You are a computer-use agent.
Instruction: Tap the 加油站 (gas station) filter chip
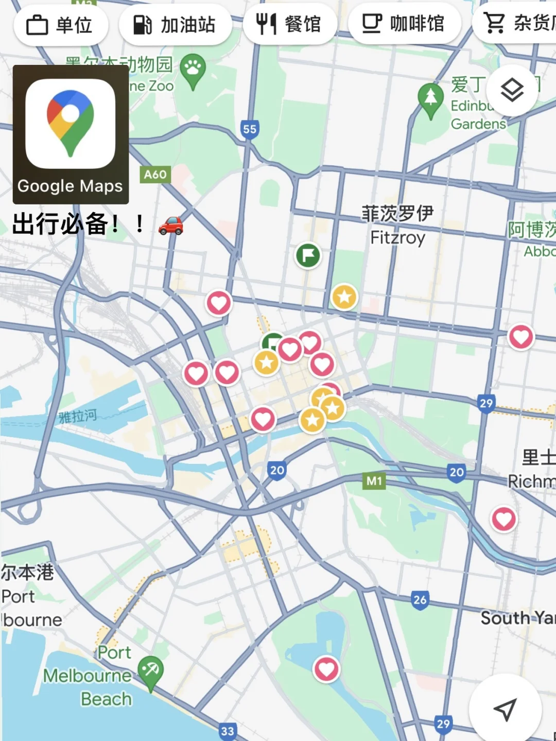click(x=175, y=25)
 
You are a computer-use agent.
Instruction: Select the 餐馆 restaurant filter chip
click(x=290, y=24)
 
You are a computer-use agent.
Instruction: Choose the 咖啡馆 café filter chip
click(x=404, y=24)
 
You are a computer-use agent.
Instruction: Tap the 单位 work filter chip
click(x=61, y=25)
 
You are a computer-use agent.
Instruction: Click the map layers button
click(x=512, y=91)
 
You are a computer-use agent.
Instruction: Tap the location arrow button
click(x=505, y=710)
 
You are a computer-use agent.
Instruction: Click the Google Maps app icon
click(x=71, y=124)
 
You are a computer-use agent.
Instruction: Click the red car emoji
click(x=171, y=225)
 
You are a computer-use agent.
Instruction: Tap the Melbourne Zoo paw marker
click(x=193, y=68)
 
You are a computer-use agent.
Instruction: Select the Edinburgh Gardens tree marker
click(x=430, y=97)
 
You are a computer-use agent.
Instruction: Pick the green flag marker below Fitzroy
click(x=308, y=255)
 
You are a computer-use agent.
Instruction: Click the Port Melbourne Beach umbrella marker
click(x=150, y=671)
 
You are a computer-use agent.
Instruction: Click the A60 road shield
click(x=155, y=175)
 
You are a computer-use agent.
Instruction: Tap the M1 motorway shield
click(x=374, y=481)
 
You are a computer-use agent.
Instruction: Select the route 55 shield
click(x=250, y=129)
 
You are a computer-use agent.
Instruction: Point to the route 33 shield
click(x=228, y=730)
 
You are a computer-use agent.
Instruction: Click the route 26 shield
click(x=420, y=599)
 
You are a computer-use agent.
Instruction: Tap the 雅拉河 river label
click(x=78, y=416)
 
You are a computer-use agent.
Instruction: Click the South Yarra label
click(x=517, y=617)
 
